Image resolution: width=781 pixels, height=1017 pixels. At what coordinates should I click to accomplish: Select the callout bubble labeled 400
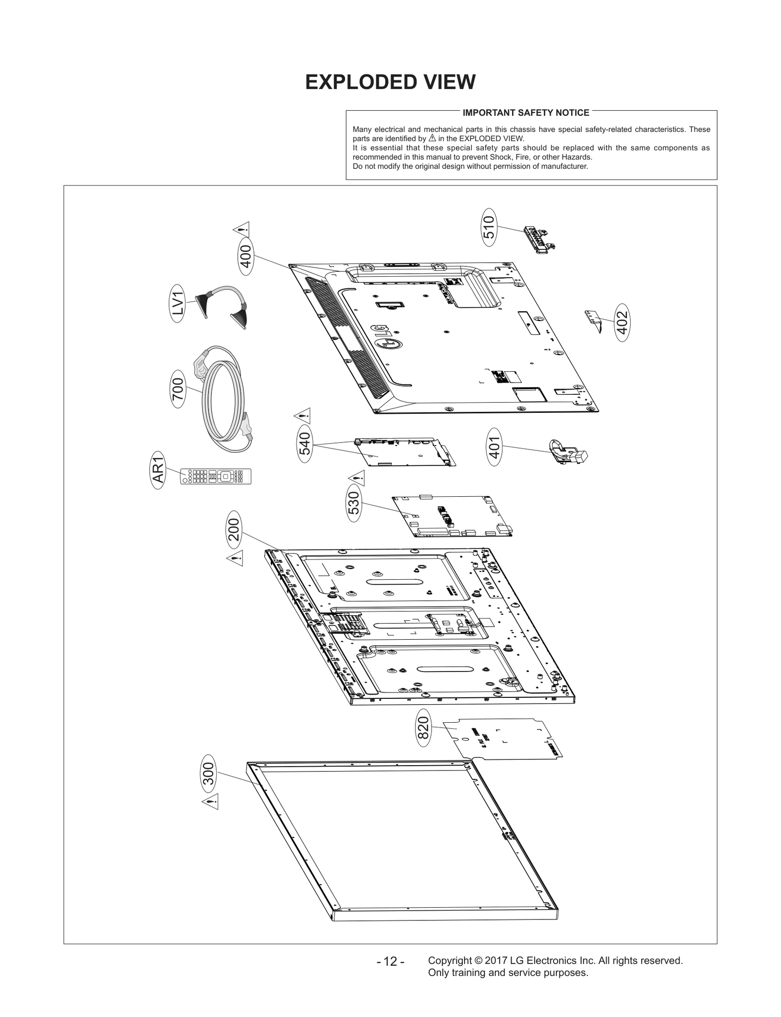[x=246, y=257]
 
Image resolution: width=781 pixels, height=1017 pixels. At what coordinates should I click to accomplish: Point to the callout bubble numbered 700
[x=178, y=389]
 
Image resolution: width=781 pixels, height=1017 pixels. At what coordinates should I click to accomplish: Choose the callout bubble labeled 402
[x=622, y=322]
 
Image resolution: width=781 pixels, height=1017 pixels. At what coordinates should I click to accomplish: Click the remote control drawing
[x=216, y=476]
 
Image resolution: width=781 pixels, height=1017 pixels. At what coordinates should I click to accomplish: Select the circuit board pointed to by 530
[x=452, y=517]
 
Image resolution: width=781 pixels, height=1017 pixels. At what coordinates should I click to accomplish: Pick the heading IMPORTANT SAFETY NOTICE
[x=526, y=113]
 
